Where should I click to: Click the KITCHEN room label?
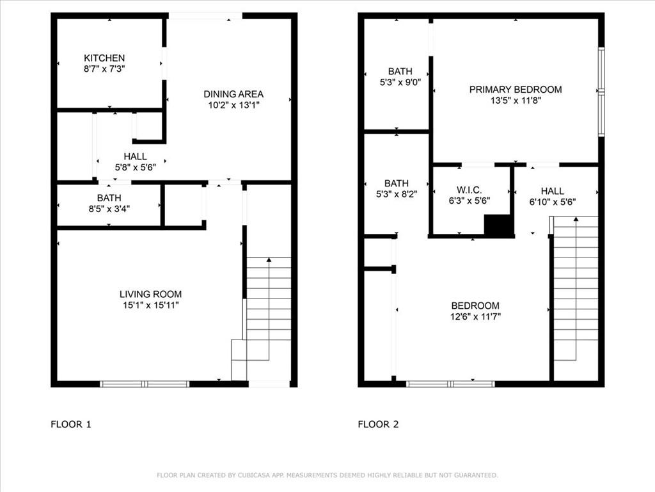click(x=104, y=58)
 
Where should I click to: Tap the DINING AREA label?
click(x=233, y=94)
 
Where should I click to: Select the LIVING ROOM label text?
click(x=150, y=294)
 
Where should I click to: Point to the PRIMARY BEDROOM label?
click(x=516, y=90)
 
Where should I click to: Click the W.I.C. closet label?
click(x=469, y=190)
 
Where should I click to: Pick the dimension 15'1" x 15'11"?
click(x=150, y=305)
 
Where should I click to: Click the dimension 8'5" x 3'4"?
click(x=109, y=209)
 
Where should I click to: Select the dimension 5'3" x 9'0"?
click(x=400, y=83)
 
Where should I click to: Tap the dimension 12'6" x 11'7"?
click(x=475, y=316)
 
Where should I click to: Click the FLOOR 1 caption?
click(x=70, y=424)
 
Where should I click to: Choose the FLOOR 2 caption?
click(x=378, y=424)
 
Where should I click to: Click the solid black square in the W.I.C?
click(x=498, y=225)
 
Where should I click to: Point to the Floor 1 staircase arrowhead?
click(x=269, y=260)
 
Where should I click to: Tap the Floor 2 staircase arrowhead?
click(x=576, y=219)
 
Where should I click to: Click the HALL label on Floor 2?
click(x=552, y=191)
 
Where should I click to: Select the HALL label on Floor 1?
click(x=136, y=156)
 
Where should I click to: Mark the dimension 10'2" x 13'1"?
click(x=234, y=105)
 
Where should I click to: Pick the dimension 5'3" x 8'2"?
click(x=397, y=194)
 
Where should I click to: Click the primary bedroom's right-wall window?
click(x=601, y=92)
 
